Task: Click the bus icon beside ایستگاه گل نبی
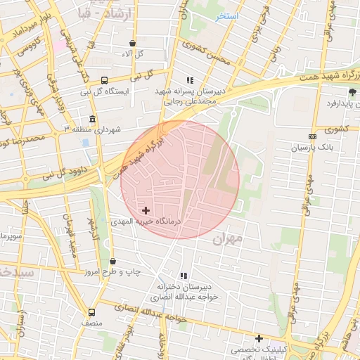(105, 80)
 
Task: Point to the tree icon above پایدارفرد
(352, 92)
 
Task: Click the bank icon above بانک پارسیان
(312, 136)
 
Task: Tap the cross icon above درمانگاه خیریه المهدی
(146, 210)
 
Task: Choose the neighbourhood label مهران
(226, 239)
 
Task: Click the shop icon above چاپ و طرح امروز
(112, 261)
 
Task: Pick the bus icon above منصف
(91, 311)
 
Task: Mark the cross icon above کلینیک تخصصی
(259, 338)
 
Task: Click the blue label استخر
(227, 15)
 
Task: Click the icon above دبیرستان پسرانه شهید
(190, 80)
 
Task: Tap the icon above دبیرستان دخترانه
(184, 276)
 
